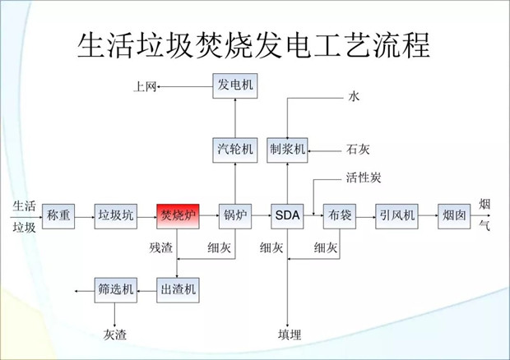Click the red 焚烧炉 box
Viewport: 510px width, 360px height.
click(x=178, y=216)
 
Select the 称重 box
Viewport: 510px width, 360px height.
click(x=58, y=216)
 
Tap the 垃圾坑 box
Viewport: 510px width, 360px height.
click(x=115, y=216)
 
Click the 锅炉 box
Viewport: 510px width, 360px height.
click(x=234, y=216)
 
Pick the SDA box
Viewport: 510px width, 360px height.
click(x=287, y=216)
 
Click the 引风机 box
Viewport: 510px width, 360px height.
click(x=396, y=216)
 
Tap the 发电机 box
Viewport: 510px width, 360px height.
click(x=234, y=85)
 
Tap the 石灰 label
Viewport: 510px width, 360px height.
click(x=358, y=150)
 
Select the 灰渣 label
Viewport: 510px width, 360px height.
click(x=115, y=335)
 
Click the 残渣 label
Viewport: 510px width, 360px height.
click(x=161, y=247)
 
